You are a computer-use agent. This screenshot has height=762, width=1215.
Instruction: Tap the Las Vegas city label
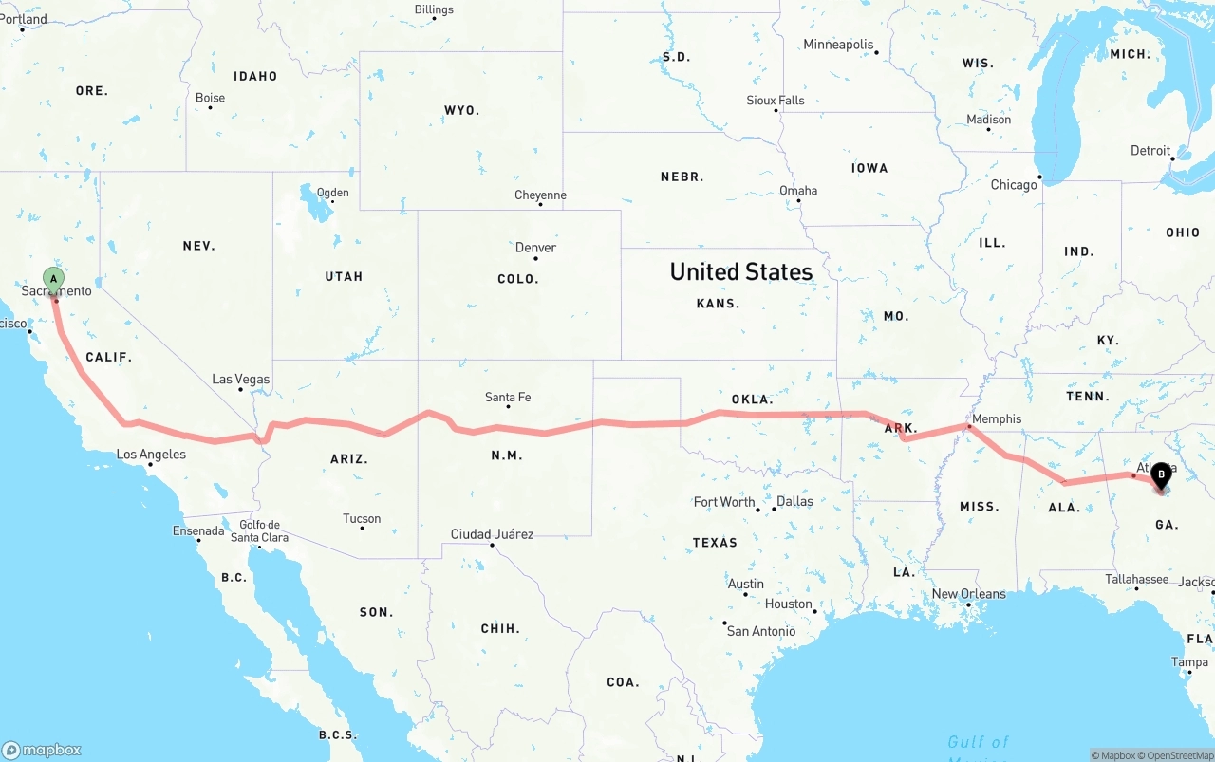[240, 380]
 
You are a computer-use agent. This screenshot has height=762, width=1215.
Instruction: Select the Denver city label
[535, 248]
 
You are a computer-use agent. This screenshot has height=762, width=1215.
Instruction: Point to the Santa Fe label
[508, 397]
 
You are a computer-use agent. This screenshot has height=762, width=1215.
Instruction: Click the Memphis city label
[997, 418]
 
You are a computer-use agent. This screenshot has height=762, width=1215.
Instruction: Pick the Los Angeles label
[151, 455]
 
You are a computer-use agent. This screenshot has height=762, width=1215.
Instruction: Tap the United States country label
[741, 271]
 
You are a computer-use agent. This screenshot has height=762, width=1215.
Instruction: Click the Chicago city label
[1014, 185]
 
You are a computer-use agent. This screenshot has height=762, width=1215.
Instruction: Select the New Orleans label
[968, 594]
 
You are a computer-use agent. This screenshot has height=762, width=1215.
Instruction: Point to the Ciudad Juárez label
[492, 534]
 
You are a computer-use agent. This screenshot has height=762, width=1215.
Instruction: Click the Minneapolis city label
[838, 45]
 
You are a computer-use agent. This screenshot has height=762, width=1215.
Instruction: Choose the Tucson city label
[362, 518]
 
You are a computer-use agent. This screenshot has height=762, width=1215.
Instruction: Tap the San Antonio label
[761, 631]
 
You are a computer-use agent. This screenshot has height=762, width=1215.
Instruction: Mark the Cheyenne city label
[540, 195]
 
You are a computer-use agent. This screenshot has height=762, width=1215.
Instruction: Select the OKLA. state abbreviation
[752, 399]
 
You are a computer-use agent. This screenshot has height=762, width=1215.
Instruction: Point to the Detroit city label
[1150, 151]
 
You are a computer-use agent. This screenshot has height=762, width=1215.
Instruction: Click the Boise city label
[210, 98]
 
